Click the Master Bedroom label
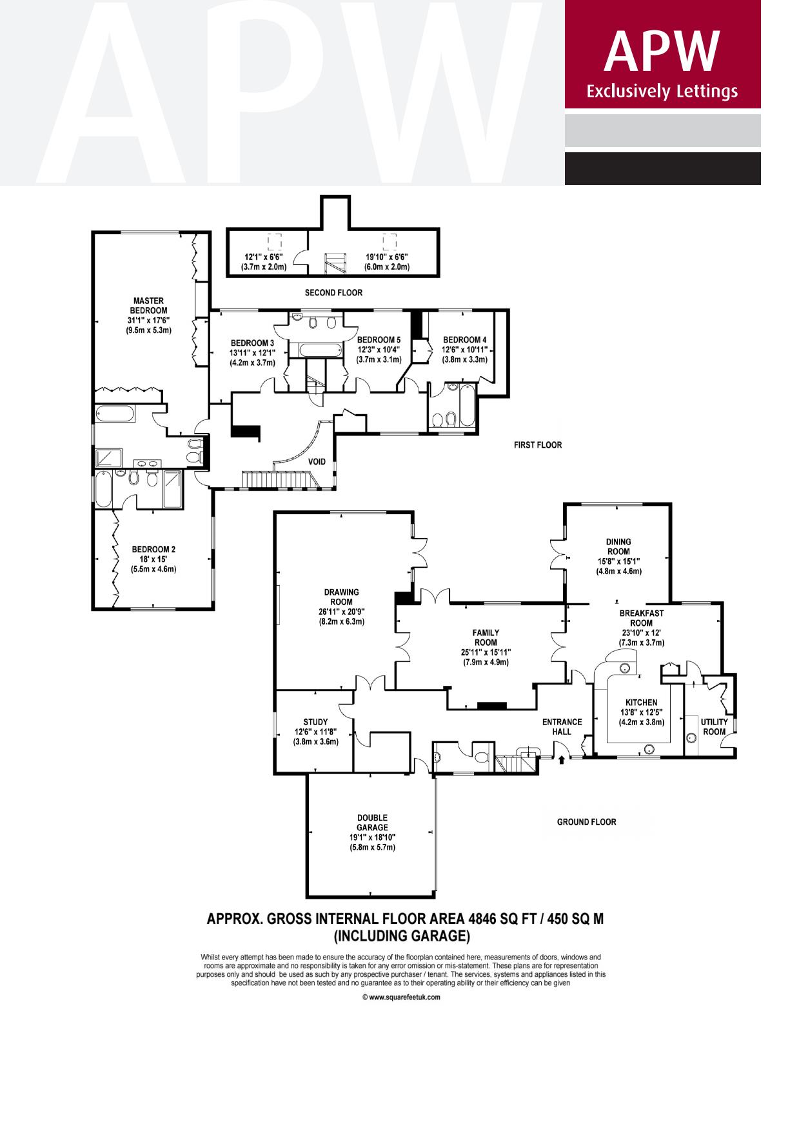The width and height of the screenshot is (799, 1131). coord(148,305)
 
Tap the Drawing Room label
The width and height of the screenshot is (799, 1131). coord(341,597)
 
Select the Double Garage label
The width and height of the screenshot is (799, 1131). coord(372,823)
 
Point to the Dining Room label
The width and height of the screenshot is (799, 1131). coord(618,546)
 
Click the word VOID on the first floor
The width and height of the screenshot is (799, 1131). coord(317,462)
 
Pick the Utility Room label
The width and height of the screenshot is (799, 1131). coord(714,726)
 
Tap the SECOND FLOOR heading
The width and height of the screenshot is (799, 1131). coord(333,293)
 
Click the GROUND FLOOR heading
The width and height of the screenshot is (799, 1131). coord(586,822)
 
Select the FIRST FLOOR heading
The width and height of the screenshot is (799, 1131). coord(537,445)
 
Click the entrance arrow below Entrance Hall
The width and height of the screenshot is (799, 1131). coord(561,760)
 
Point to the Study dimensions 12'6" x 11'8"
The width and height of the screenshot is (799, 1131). coord(315,732)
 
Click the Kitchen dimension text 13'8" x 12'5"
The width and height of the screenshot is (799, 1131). coord(641,712)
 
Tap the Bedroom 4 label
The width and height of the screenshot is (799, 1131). coord(464,340)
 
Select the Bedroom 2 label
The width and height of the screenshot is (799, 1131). coord(153,550)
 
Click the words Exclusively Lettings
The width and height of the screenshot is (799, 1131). coord(662,92)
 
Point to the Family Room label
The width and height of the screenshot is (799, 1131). coord(485,637)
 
